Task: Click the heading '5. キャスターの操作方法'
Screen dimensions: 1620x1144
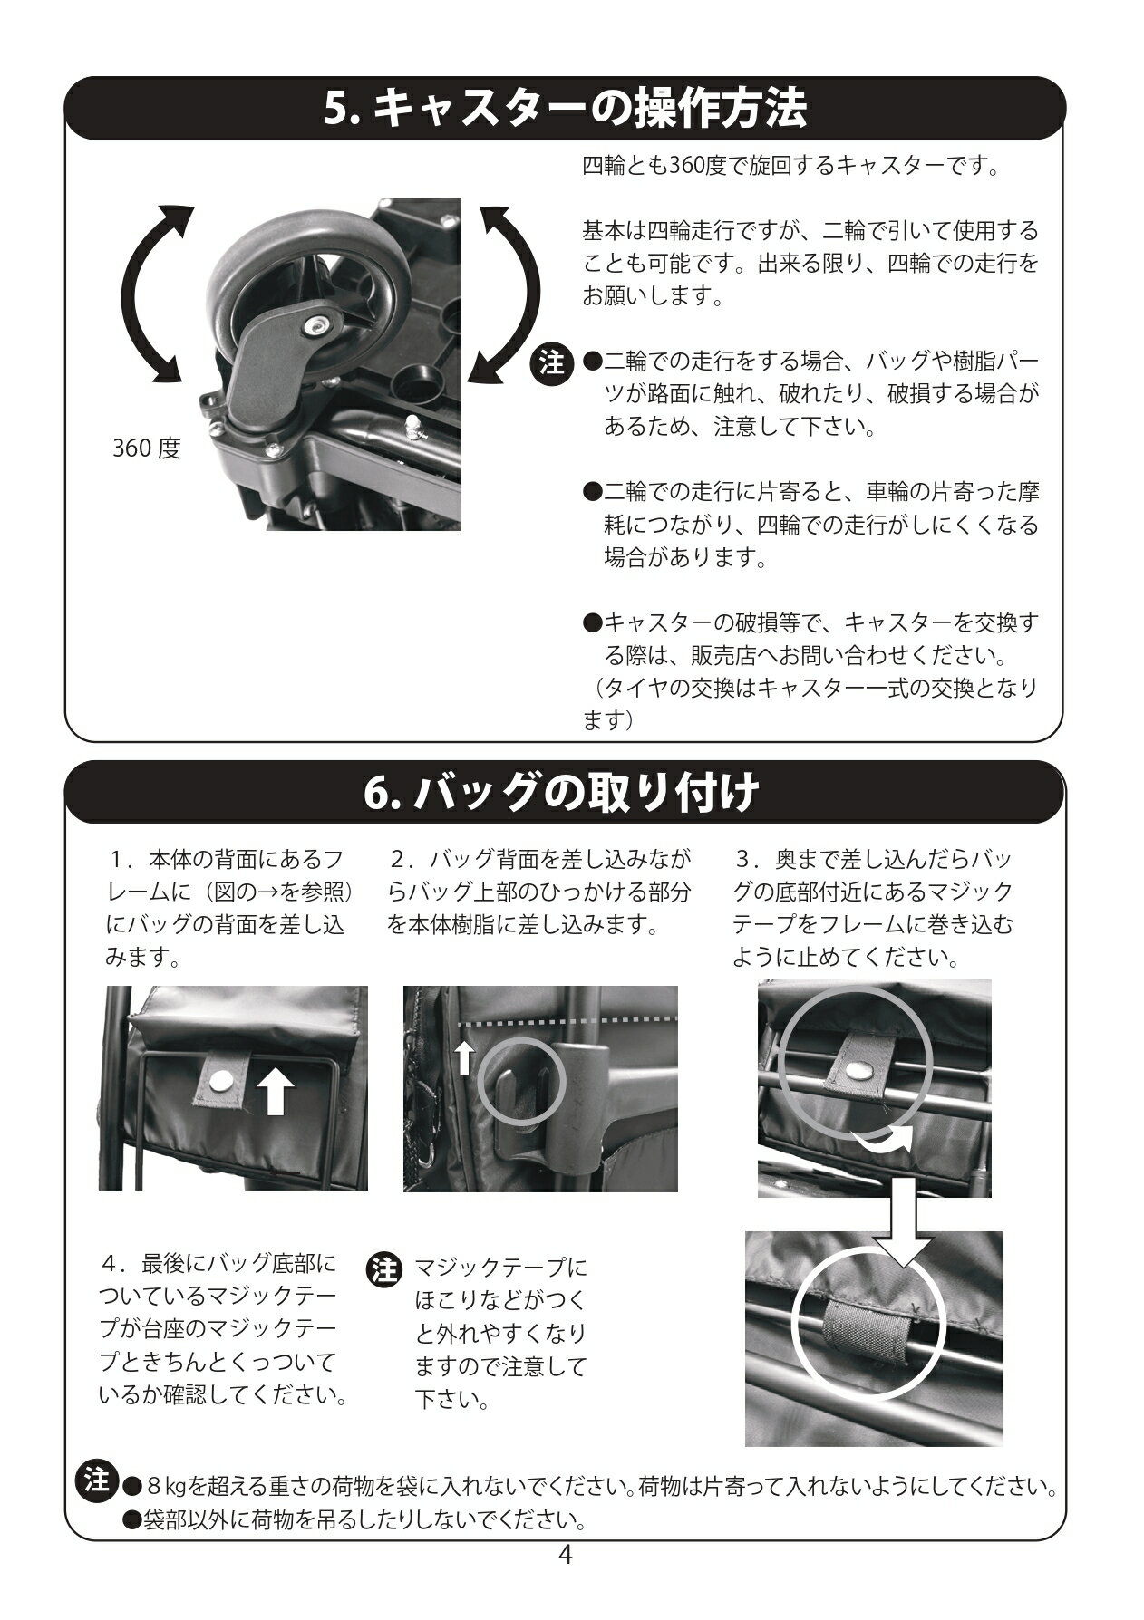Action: pyautogui.click(x=565, y=111)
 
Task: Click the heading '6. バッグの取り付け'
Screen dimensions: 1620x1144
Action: pyautogui.click(x=559, y=793)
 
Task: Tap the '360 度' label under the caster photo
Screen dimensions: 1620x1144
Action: pyautogui.click(x=146, y=448)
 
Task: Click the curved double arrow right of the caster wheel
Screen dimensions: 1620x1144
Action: pyautogui.click(x=508, y=294)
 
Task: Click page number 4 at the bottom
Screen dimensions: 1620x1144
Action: pyautogui.click(x=565, y=1556)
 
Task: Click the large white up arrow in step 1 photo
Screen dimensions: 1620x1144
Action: pyautogui.click(x=277, y=1092)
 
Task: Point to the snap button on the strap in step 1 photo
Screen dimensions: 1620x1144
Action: pyautogui.click(x=220, y=1080)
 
